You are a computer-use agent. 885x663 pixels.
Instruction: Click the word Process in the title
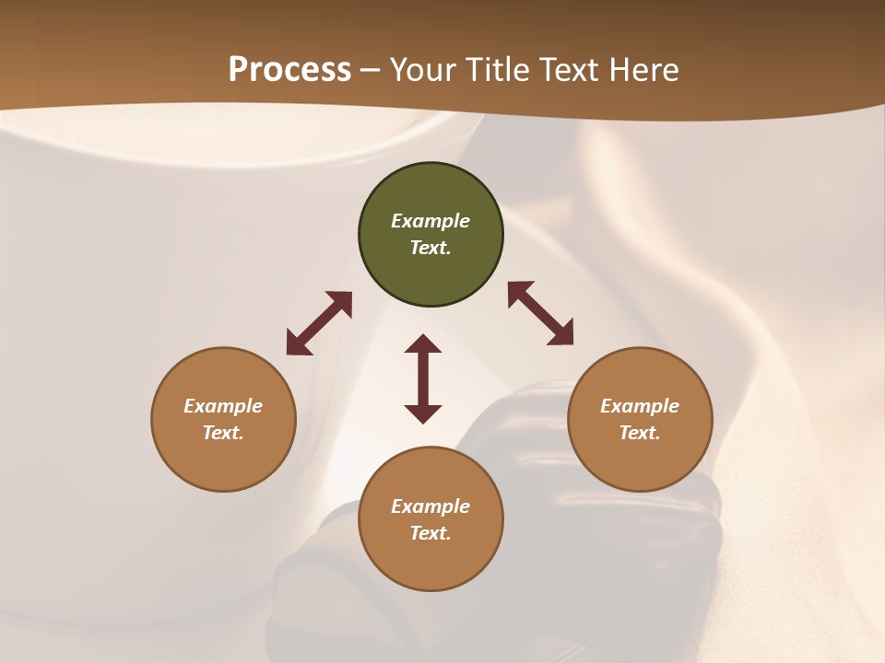(x=289, y=70)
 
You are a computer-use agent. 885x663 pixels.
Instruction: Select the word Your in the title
(x=423, y=70)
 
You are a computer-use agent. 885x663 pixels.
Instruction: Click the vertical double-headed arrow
(x=423, y=378)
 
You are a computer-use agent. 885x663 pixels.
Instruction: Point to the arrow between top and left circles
(x=319, y=323)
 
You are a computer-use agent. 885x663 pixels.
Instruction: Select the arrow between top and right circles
(x=541, y=313)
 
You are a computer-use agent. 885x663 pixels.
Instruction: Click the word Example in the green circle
(x=431, y=221)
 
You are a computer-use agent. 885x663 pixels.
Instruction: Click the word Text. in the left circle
(x=223, y=433)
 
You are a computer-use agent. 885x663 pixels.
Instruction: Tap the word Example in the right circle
(x=640, y=406)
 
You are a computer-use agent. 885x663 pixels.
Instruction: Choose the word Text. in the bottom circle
(x=431, y=533)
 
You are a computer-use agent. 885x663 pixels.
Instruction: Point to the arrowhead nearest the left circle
(x=298, y=343)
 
